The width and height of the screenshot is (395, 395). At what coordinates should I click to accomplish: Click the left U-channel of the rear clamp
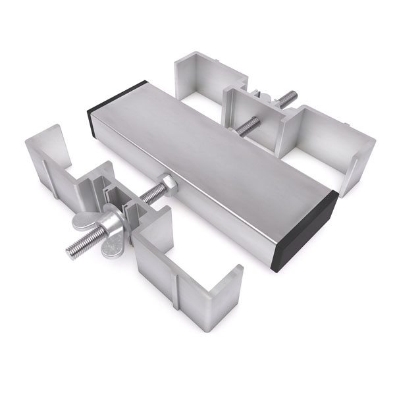coord(197,82)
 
